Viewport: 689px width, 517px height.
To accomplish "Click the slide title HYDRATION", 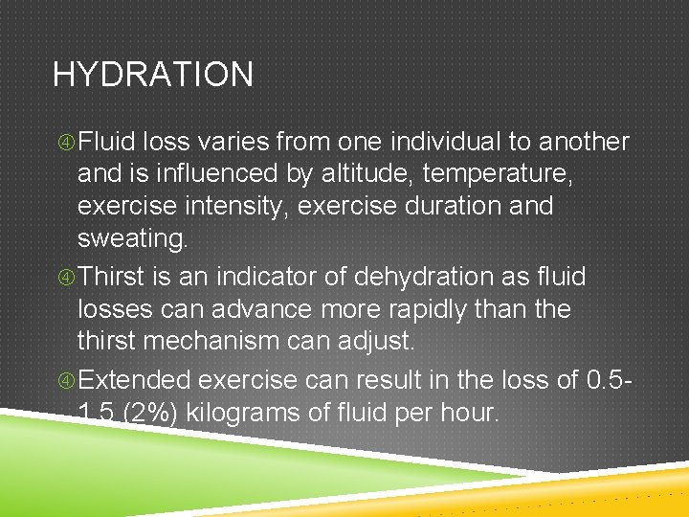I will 153,75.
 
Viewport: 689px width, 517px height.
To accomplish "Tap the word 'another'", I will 584,143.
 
